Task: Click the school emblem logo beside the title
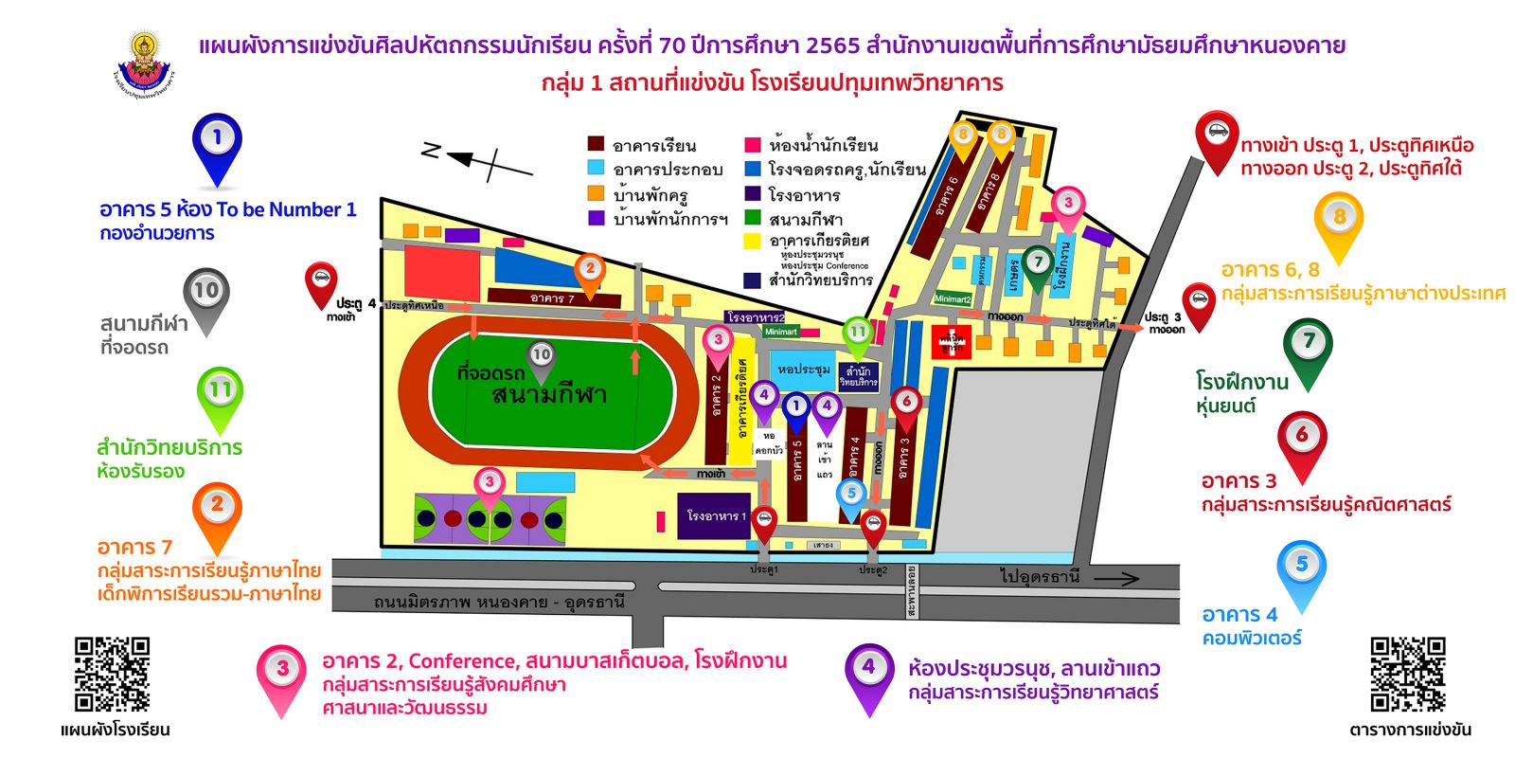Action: click(x=144, y=63)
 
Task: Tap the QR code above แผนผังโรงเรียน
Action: click(x=112, y=674)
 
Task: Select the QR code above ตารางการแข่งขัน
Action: click(x=1408, y=674)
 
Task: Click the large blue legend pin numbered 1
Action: click(x=217, y=146)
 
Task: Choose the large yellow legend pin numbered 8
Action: click(x=1338, y=224)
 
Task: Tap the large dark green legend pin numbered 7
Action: click(x=1309, y=349)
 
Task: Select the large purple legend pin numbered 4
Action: click(x=868, y=674)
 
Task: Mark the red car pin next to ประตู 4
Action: click(x=321, y=282)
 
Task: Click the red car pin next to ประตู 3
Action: click(x=1198, y=304)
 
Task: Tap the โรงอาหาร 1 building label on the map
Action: click(x=716, y=516)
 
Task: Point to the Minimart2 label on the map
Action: click(x=953, y=298)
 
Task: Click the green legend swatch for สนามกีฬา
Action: click(x=753, y=217)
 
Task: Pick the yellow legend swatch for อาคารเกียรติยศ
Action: click(x=753, y=240)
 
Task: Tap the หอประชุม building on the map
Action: click(x=803, y=369)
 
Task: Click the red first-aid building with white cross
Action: click(x=951, y=341)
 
